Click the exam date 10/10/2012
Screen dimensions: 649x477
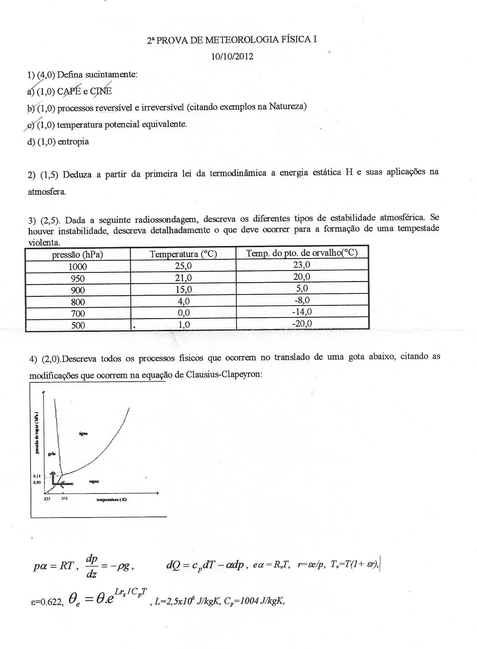point(232,57)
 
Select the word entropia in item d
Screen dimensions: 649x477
point(73,141)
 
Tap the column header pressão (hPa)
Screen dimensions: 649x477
point(78,255)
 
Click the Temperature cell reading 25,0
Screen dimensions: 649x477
point(183,266)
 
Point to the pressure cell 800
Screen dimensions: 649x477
point(78,302)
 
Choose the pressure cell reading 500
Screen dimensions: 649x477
point(78,325)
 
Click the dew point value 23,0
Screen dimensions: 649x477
point(302,265)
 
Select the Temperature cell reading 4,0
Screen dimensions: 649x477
point(183,301)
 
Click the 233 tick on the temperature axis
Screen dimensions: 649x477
point(47,499)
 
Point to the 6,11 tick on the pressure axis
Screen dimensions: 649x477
point(37,476)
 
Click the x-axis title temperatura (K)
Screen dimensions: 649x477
point(112,500)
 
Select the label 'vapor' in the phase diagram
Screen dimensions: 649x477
point(94,482)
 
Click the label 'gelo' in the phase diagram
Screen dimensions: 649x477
point(52,454)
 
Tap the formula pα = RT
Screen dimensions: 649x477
point(54,566)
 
